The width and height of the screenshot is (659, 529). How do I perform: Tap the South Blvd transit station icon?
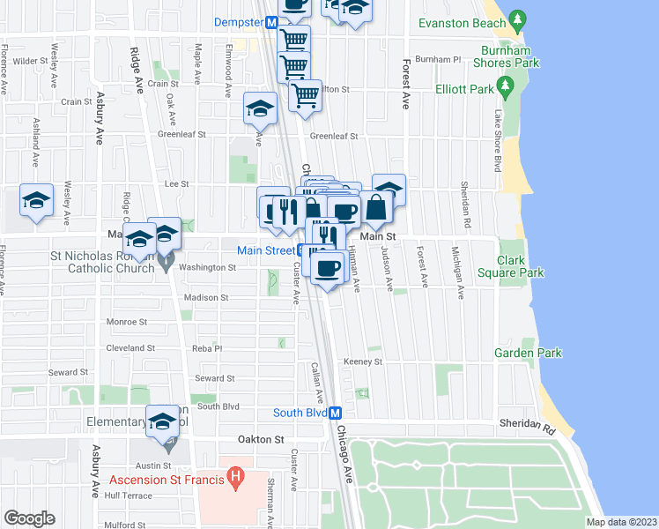pos(335,413)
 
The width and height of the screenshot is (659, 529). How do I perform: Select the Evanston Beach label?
pos(463,24)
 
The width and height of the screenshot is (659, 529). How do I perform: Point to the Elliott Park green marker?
pos(506,86)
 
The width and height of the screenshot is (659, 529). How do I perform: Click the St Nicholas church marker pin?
pos(167,265)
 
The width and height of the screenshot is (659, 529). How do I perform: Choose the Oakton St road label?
pos(262,438)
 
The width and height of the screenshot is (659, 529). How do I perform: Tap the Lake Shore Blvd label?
pos(497,141)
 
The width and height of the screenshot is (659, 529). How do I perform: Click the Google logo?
pos(29,518)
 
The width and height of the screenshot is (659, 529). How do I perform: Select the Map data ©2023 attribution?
pos(621,522)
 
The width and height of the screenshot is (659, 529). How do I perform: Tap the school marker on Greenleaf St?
pos(260,108)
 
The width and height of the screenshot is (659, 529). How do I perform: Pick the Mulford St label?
pos(123,525)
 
